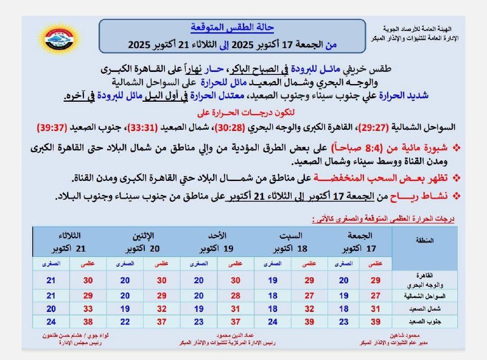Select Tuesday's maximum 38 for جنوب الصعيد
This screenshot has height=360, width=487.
[88, 321]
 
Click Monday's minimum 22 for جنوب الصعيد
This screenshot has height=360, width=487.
[125, 321]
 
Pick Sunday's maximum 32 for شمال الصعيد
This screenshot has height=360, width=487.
[236, 309]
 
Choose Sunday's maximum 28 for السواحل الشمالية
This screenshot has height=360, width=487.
[236, 296]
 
